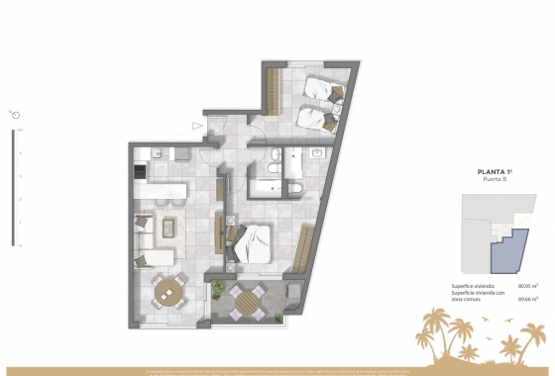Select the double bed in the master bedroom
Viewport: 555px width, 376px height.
tap(254, 243)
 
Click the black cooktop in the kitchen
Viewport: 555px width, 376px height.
tap(140, 171)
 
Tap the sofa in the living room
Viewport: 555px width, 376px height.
tap(145, 234)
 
